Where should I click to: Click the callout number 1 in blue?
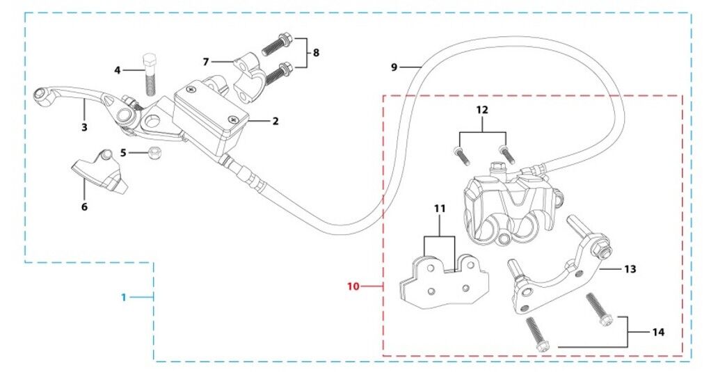click(124, 298)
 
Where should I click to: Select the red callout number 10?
click(353, 286)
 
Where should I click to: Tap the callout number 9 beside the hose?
click(394, 67)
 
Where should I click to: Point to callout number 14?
click(658, 332)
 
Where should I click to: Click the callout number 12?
click(482, 110)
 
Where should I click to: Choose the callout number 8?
click(316, 53)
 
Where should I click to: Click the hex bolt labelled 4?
click(151, 74)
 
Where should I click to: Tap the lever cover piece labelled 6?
click(99, 170)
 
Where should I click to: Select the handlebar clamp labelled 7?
click(248, 76)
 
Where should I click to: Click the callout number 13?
click(630, 269)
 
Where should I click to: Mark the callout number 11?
click(440, 209)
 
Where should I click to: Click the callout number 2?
click(275, 122)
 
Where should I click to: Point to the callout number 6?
click(84, 207)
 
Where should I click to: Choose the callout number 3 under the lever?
click(84, 127)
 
